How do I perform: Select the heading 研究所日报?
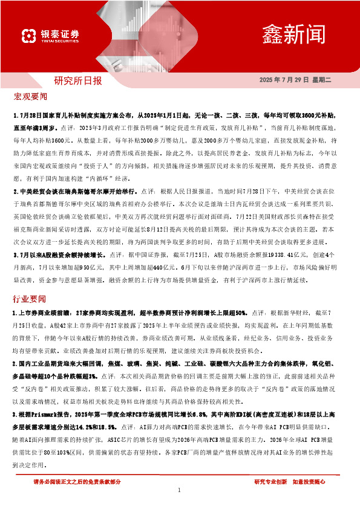78,81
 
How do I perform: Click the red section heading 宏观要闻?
30,96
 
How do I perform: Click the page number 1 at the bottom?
180,490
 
